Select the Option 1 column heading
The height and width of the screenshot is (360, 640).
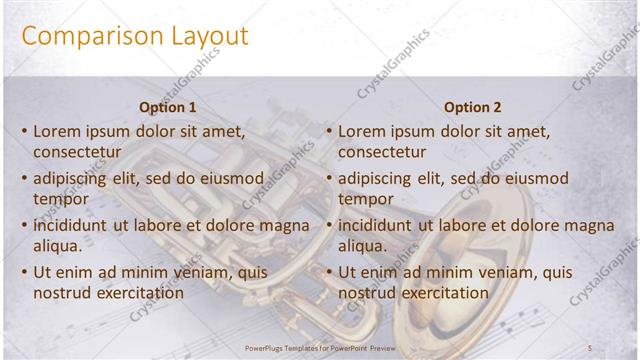pos(167,107)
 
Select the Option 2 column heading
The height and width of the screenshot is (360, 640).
pos(472,107)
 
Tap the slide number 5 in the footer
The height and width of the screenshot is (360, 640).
pos(591,347)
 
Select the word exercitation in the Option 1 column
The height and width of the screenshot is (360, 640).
pos(136,293)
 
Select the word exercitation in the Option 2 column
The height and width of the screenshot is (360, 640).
pos(441,293)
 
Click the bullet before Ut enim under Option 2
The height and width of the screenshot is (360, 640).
pos(329,273)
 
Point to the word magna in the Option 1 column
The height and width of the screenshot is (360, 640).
pos(285,226)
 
